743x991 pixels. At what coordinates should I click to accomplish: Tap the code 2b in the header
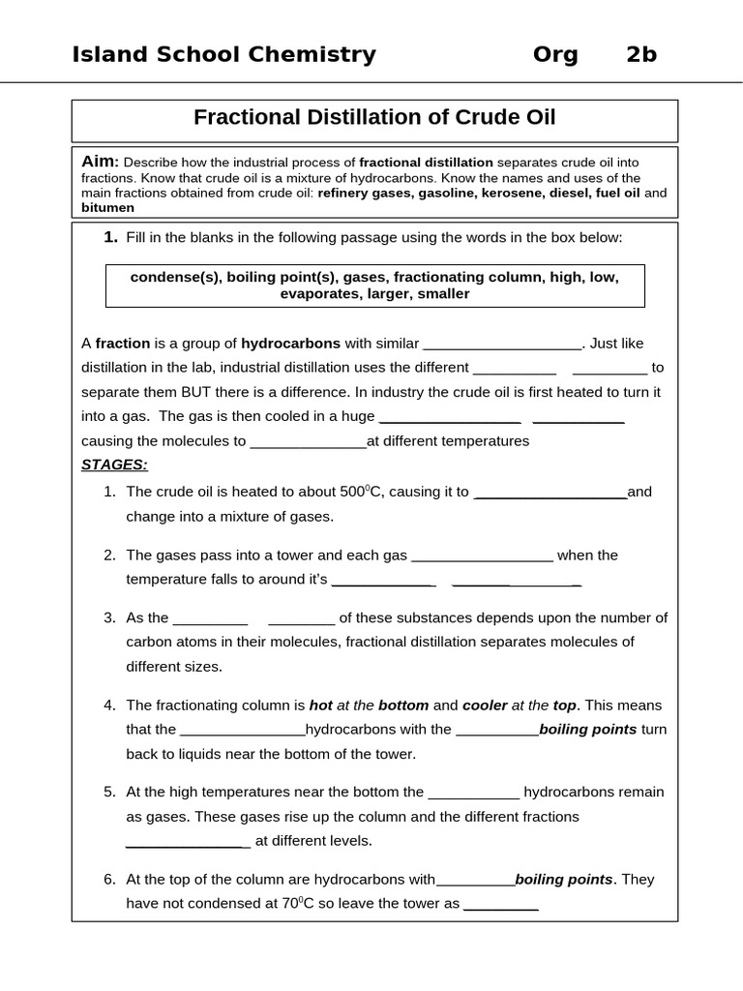641,55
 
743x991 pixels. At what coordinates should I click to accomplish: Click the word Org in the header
555,55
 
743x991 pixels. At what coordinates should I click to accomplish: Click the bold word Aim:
100,162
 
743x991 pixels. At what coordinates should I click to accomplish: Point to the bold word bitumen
107,207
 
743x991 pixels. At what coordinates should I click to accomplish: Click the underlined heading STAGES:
114,465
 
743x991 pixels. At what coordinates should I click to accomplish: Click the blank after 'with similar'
502,344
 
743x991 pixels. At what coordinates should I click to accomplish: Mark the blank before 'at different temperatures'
308,441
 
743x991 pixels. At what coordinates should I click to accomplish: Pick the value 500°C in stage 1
364,492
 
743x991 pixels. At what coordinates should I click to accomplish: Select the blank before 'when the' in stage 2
482,556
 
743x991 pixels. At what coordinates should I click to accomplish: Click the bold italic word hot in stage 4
320,705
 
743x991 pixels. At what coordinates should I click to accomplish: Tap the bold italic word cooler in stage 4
485,705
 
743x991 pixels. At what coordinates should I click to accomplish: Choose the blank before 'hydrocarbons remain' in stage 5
473,792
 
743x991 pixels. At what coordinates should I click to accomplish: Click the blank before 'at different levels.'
188,841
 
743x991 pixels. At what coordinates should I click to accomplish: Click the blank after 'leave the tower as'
500,904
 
